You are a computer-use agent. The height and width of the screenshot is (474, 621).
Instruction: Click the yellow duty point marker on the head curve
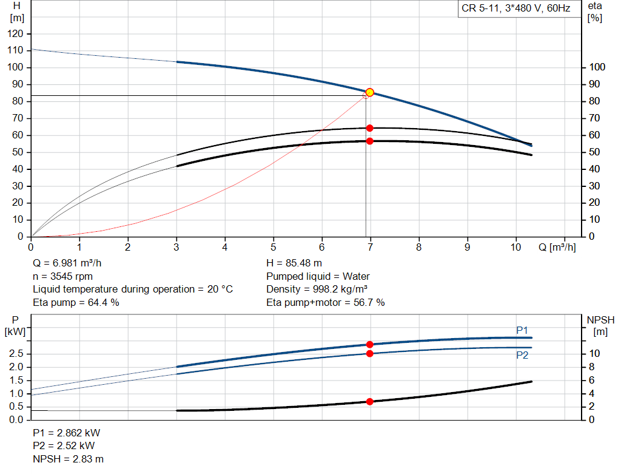click(x=369, y=92)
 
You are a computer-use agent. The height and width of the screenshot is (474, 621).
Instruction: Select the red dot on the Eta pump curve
click(x=369, y=128)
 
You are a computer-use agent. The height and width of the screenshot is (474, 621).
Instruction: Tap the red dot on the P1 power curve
click(x=369, y=344)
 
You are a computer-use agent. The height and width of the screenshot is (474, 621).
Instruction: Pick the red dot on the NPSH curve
click(x=369, y=402)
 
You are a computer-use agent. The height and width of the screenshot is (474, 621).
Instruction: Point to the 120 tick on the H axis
click(x=16, y=33)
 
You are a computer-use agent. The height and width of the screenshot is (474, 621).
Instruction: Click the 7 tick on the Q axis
click(x=370, y=247)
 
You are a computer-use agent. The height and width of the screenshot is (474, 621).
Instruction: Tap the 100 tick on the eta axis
click(x=597, y=67)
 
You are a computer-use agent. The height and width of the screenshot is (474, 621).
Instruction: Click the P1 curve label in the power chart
click(x=522, y=330)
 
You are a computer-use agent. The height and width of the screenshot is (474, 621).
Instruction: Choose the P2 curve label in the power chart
click(x=522, y=355)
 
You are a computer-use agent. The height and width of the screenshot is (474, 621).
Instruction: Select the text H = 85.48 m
click(x=294, y=263)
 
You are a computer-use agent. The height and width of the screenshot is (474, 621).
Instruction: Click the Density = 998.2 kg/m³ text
click(x=318, y=289)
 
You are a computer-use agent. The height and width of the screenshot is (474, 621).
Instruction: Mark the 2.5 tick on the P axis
click(x=16, y=354)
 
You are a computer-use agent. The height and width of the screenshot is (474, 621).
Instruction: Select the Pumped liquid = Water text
click(x=318, y=276)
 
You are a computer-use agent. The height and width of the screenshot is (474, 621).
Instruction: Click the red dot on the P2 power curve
click(x=369, y=353)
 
